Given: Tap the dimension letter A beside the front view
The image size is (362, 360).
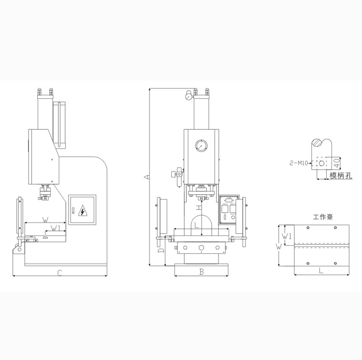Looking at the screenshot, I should pyautogui.click(x=145, y=176).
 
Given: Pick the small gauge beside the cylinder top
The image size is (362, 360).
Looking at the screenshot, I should pyautogui.click(x=186, y=96).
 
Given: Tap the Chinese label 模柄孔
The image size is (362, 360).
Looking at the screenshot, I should pyautogui.click(x=340, y=176).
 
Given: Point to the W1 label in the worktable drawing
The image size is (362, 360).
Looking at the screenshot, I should pyautogui.click(x=286, y=236).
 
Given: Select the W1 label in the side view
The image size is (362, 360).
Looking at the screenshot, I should pyautogui.click(x=55, y=227).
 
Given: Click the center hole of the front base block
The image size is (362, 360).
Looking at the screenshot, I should pyautogui.click(x=200, y=248).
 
